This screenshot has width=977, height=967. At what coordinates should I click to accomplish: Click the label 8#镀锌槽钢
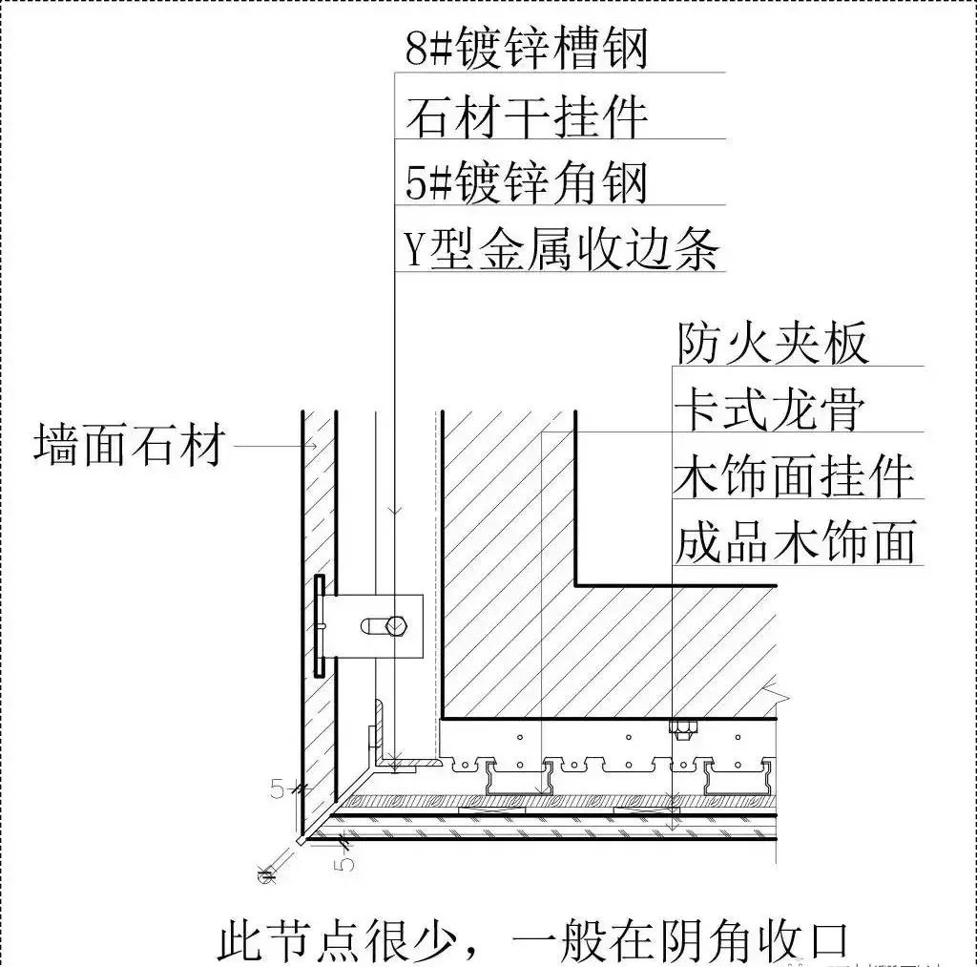tap(526, 49)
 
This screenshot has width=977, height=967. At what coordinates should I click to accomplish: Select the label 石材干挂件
tap(526, 116)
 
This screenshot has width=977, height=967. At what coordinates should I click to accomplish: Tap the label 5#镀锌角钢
tap(526, 182)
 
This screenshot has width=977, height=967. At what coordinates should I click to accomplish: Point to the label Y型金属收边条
tap(561, 249)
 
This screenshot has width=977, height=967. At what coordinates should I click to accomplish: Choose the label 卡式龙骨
tap(771, 410)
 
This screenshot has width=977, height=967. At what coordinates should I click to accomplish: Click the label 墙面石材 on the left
tap(130, 446)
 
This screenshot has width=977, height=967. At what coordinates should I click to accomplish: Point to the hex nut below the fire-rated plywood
tap(681, 730)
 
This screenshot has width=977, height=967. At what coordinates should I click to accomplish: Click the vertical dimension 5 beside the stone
tap(278, 789)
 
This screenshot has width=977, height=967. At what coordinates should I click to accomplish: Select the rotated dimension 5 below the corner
tap(345, 862)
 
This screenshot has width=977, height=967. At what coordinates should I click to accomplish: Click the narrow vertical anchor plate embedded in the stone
tap(319, 626)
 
